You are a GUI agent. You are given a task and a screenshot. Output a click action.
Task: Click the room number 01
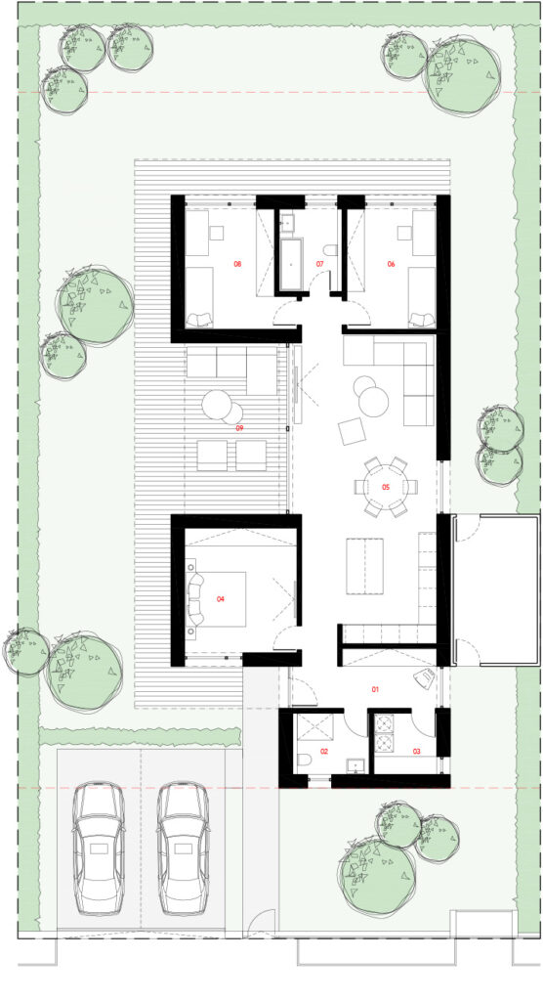click(x=375, y=689)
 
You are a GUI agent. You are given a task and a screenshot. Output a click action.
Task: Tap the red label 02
click(x=324, y=752)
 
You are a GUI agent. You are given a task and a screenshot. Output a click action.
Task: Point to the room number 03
click(x=417, y=752)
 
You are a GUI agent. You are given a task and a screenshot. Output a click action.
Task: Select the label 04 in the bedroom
click(x=221, y=599)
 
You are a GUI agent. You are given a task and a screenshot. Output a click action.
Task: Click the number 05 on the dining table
click(x=386, y=487)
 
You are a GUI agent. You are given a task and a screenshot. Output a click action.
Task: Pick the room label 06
click(x=392, y=264)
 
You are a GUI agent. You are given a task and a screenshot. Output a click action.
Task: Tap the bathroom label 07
click(x=319, y=264)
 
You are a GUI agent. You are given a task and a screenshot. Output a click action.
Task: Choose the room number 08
click(x=237, y=264)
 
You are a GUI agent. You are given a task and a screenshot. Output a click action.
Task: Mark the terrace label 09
click(x=239, y=428)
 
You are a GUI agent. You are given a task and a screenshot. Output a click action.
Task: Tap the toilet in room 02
click(x=305, y=760)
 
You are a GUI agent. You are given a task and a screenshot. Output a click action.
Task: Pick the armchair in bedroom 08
click(x=200, y=320)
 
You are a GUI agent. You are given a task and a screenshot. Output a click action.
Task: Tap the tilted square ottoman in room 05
click(x=353, y=431)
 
